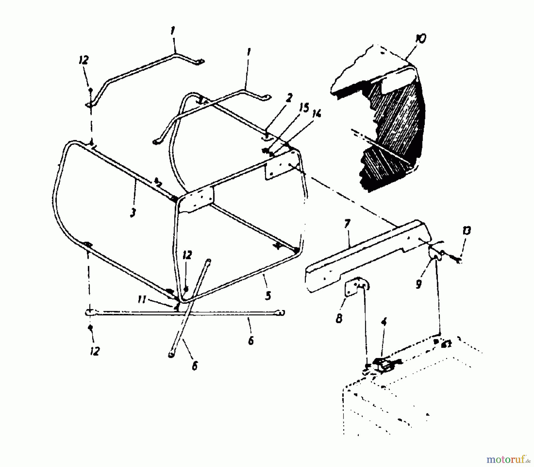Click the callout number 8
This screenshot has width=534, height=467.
coord(339,319)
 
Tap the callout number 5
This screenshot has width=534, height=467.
coord(268,296)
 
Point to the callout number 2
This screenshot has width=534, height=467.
coord(289,97)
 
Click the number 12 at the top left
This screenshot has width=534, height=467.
coord(84,60)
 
